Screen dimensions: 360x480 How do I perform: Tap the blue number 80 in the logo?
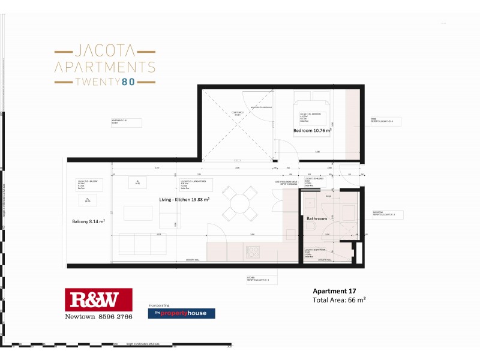(x=128, y=81)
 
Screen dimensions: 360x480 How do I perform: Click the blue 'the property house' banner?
(x=181, y=313)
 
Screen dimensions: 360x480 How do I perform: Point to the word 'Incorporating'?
(x=160, y=305)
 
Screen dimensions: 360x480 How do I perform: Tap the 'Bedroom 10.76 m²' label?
(x=313, y=130)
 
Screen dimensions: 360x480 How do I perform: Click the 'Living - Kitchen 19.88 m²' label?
(x=184, y=199)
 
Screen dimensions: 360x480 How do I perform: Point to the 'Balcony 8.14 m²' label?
(x=88, y=221)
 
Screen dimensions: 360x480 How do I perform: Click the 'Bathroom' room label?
(x=317, y=219)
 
